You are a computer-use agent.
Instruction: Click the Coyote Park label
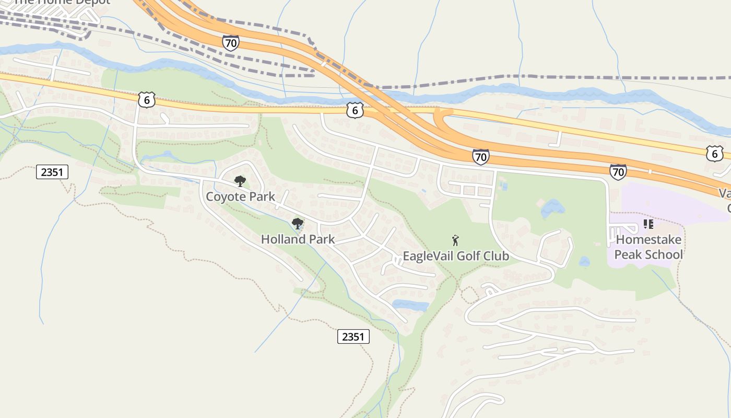pyautogui.click(x=240, y=197)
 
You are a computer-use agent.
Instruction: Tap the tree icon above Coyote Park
pyautogui.click(x=240, y=181)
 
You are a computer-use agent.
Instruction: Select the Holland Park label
pyautogui.click(x=298, y=239)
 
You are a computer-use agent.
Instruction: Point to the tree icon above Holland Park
pyautogui.click(x=298, y=224)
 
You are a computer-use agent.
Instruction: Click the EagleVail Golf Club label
pyautogui.click(x=456, y=256)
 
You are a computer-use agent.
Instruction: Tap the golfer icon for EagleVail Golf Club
pyautogui.click(x=455, y=240)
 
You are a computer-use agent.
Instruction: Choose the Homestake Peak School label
pyautogui.click(x=649, y=247)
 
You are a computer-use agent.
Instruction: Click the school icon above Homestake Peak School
pyautogui.click(x=649, y=224)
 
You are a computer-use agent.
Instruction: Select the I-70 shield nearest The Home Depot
pyautogui.click(x=230, y=43)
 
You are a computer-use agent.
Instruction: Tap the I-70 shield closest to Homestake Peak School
pyautogui.click(x=618, y=171)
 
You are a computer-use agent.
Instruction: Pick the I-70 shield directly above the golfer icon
pyautogui.click(x=480, y=156)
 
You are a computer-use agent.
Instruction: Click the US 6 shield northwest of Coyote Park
pyautogui.click(x=147, y=99)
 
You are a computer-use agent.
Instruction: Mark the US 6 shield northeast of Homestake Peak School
pyautogui.click(x=714, y=153)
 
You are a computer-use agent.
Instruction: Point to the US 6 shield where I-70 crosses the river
pyautogui.click(x=355, y=110)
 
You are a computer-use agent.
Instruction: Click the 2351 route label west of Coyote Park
pyautogui.click(x=52, y=171)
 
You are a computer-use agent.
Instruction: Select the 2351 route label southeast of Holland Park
pyautogui.click(x=353, y=336)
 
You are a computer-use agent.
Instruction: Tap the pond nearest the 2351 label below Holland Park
pyautogui.click(x=410, y=306)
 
